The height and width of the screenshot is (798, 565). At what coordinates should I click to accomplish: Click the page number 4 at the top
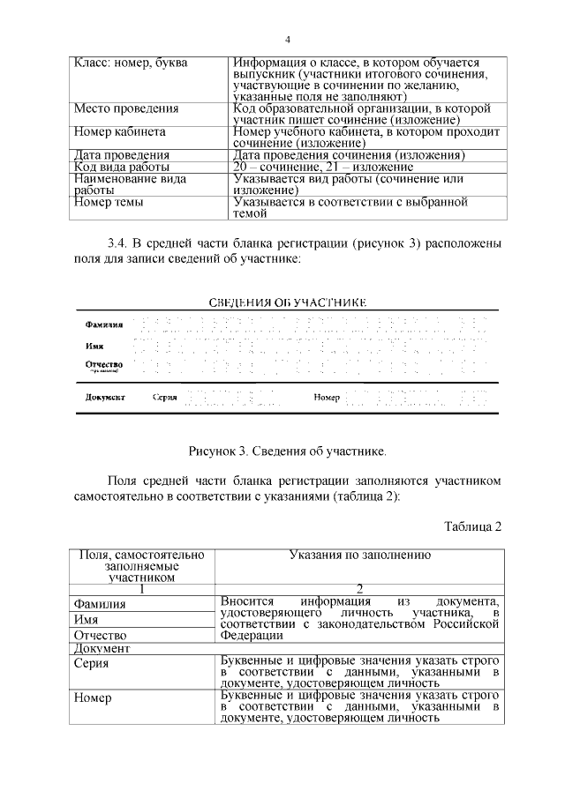coord(288,40)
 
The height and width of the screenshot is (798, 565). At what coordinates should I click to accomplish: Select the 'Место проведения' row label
coord(126,108)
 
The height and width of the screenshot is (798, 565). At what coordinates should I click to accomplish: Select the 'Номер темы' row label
coord(109,202)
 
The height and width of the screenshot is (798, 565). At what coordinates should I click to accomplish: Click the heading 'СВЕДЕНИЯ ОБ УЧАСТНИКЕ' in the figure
coord(287,302)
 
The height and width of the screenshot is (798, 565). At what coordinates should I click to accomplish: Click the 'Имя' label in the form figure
coord(94,346)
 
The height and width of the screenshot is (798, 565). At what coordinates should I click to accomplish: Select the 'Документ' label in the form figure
coord(105,397)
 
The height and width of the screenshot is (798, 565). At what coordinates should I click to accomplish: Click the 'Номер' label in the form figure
coord(327,398)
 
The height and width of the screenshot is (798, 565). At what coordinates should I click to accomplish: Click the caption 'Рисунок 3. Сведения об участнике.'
coord(288,451)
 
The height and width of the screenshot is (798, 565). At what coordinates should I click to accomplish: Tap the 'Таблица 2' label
coord(472,527)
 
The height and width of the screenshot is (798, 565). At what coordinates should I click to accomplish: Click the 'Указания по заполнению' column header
coord(359,556)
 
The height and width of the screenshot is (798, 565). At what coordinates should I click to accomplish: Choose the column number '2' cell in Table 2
coord(359,589)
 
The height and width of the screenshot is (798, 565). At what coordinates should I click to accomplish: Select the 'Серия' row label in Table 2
coord(92,663)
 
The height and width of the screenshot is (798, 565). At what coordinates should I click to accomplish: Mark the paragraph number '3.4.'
coord(118,243)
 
